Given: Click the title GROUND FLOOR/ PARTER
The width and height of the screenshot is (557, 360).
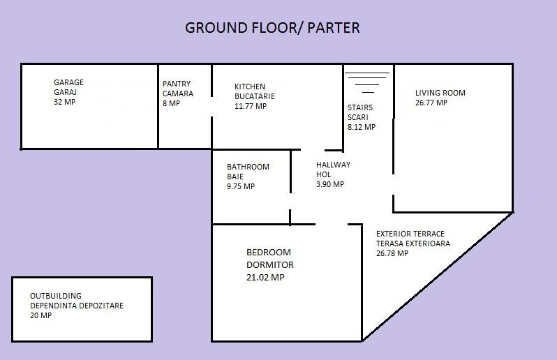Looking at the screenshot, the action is point(272,28).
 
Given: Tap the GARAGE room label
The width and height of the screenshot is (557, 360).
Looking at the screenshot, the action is point(68,82).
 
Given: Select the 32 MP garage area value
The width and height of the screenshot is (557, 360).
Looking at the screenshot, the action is point(65,102).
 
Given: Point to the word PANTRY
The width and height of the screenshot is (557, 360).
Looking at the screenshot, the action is point(177,84).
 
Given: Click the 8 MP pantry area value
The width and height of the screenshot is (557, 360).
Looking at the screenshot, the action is point(171,103).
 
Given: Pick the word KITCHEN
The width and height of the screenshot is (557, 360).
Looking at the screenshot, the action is point(250,87).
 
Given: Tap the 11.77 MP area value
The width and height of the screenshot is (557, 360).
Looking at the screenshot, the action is point(251,106).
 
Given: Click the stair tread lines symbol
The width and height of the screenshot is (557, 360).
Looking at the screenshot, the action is point(367,82).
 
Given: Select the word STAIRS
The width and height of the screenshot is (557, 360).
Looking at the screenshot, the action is point(360,107).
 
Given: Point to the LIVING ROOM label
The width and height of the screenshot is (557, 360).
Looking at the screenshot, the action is point(440,93).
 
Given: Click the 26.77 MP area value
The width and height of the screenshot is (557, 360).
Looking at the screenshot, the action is point(431,103).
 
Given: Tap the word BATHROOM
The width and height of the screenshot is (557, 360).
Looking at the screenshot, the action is point(248,167).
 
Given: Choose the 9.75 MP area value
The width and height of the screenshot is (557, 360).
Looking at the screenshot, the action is point(241,186).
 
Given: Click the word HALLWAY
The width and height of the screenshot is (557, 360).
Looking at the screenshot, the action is point(333,165).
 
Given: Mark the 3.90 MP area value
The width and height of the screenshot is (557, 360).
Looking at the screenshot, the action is point(330,184).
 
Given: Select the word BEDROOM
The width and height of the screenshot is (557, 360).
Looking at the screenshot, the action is point(269,253).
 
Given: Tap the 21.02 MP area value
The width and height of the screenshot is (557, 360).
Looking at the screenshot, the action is point(265,278).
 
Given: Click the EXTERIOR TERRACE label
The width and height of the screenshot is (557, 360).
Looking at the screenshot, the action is point(410,234).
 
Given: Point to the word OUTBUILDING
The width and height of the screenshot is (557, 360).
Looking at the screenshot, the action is point(56,296).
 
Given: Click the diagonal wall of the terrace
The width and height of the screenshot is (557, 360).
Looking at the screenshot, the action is point(438,277).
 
